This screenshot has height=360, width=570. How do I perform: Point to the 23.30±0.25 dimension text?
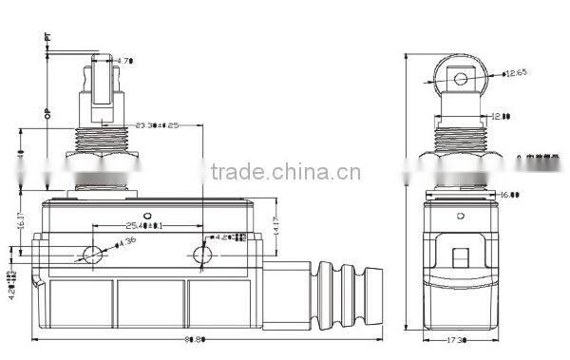coord(158,124)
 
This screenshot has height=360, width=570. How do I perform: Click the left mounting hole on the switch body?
coord(93,255)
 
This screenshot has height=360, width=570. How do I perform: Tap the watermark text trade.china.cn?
coord(284,173)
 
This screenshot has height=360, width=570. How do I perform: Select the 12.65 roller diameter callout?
coord(516,73)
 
